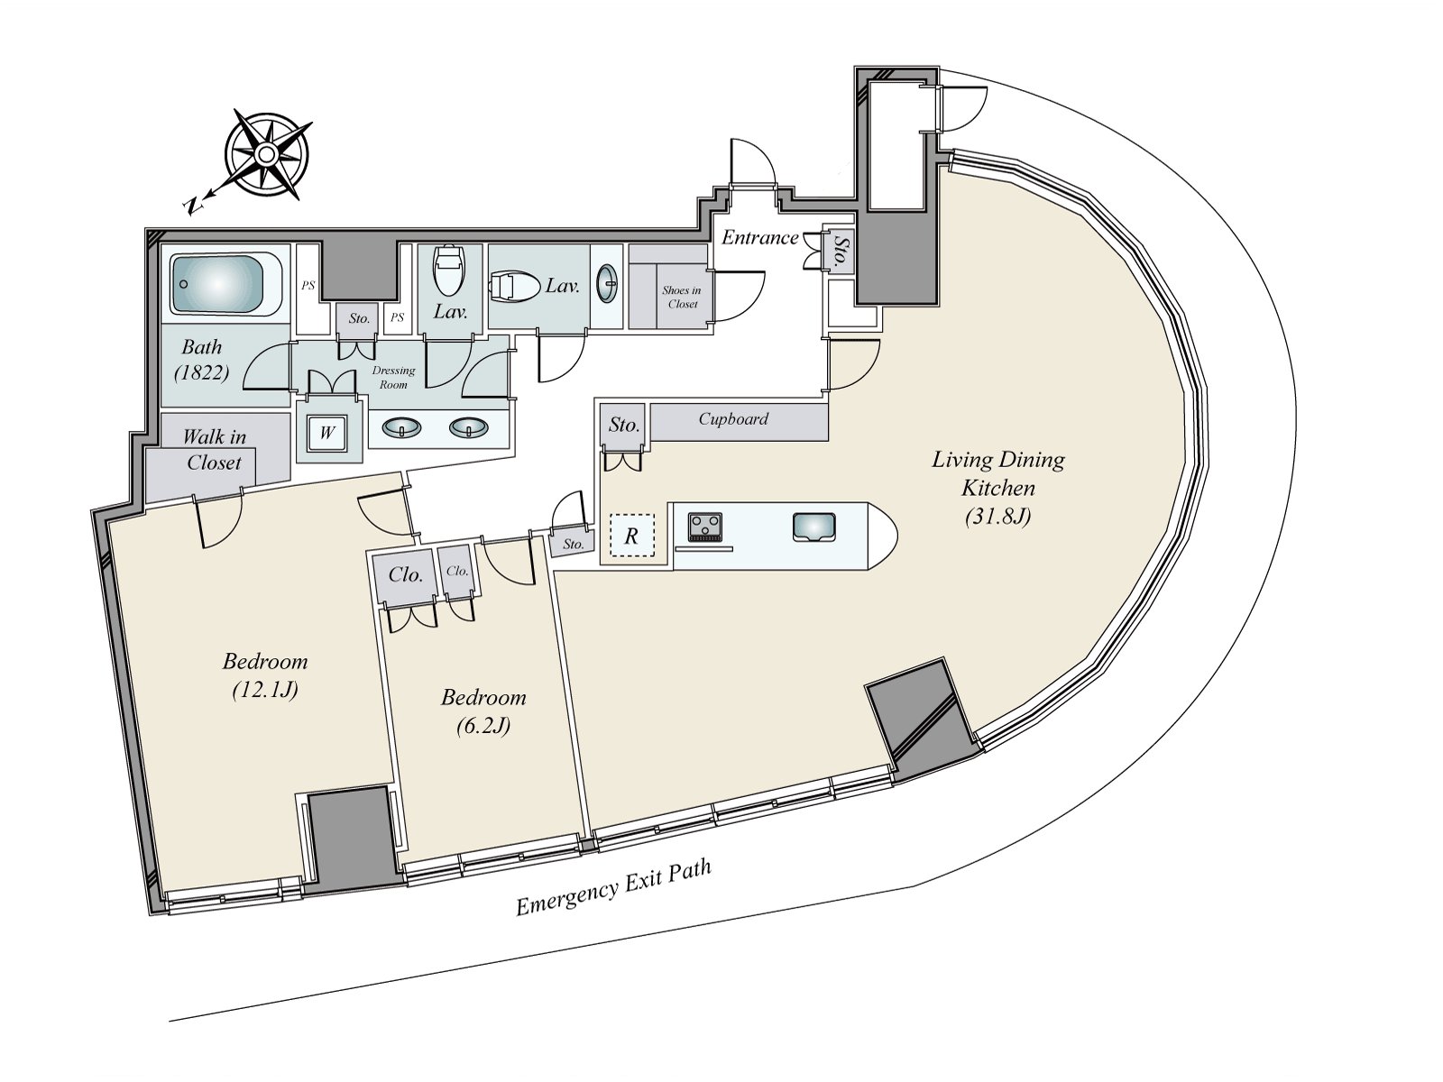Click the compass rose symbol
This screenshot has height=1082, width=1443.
[x=267, y=155]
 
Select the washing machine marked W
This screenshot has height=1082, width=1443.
[x=326, y=433]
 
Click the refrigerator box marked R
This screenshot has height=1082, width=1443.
[x=631, y=536]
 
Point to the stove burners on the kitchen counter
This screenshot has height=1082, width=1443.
[x=704, y=526]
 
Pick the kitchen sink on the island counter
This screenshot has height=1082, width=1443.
[x=813, y=527]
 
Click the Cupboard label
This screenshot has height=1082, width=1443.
[x=733, y=419]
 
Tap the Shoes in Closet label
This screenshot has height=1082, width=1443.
[x=682, y=297]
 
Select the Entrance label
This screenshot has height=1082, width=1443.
[x=759, y=237]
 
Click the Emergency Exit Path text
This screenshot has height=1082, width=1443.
[x=613, y=887]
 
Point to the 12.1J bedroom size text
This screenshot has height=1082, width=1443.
[x=265, y=691]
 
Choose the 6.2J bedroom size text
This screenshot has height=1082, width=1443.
[x=483, y=725]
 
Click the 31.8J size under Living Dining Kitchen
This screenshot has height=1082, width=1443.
[x=997, y=517]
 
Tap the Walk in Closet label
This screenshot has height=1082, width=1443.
[x=215, y=450]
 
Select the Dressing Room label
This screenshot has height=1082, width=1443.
[x=393, y=377]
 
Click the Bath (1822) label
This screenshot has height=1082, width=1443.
[x=201, y=359]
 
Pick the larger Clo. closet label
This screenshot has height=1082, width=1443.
[x=406, y=574]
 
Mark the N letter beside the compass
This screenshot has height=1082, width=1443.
[x=192, y=206]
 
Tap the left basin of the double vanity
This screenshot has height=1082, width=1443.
[x=400, y=428]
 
